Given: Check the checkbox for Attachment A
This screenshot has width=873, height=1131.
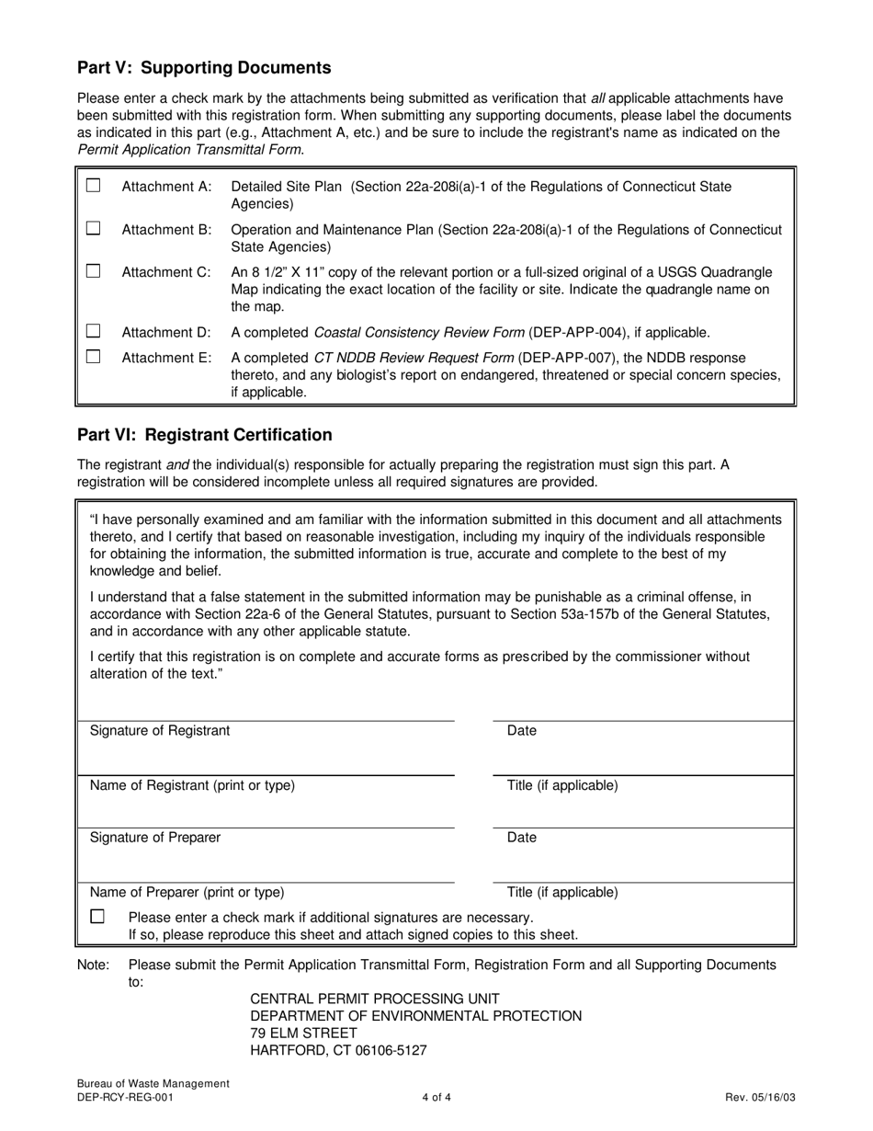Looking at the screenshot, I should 93,186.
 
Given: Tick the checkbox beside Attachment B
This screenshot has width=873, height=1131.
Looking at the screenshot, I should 93,229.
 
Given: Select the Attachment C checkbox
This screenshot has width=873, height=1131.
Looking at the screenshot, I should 93,271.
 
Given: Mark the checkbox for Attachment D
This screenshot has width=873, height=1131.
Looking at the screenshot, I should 93,331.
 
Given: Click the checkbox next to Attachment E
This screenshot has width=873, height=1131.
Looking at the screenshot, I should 93,357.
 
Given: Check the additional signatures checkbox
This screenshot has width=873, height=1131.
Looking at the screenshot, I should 97,917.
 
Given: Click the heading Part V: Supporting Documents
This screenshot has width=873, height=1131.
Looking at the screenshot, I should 204,68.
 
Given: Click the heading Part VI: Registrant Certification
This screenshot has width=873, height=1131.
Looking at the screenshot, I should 205,435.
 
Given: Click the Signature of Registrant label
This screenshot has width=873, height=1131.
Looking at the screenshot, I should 160,731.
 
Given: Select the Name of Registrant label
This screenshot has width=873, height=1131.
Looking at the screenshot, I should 192,785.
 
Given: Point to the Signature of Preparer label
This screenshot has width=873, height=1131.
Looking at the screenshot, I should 155,838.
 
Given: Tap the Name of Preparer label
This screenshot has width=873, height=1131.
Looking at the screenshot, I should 187,892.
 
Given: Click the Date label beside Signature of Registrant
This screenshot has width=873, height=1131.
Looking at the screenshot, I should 522,731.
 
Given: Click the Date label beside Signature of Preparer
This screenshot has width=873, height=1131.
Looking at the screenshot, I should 522,838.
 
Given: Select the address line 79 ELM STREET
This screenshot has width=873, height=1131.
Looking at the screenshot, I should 304,1034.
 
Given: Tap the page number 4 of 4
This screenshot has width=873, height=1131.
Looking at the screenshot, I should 436,1097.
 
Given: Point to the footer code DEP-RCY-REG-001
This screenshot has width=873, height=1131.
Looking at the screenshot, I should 124,1097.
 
